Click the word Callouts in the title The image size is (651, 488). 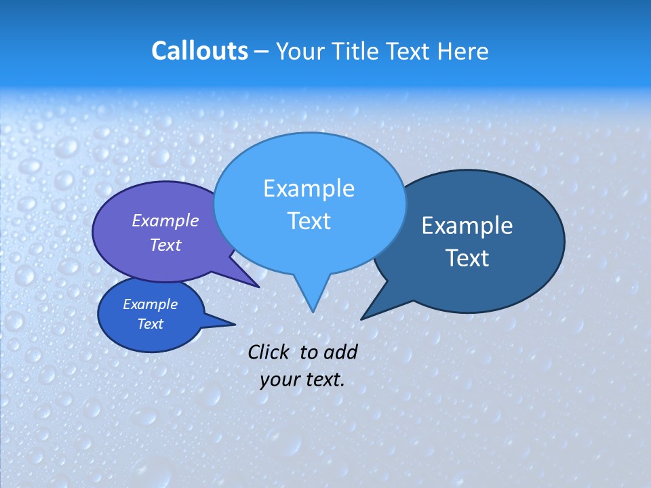[x=199, y=51]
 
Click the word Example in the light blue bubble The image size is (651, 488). [x=309, y=188]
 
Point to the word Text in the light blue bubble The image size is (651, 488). [x=309, y=221]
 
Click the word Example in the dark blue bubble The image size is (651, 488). [x=467, y=226]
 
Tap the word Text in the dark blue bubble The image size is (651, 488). [x=467, y=258]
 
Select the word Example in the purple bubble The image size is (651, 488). [x=165, y=220]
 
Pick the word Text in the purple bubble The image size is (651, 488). [x=165, y=245]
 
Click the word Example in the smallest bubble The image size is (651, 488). [x=150, y=304]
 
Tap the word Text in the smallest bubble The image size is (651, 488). [x=150, y=324]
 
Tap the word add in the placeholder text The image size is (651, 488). [x=340, y=352]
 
